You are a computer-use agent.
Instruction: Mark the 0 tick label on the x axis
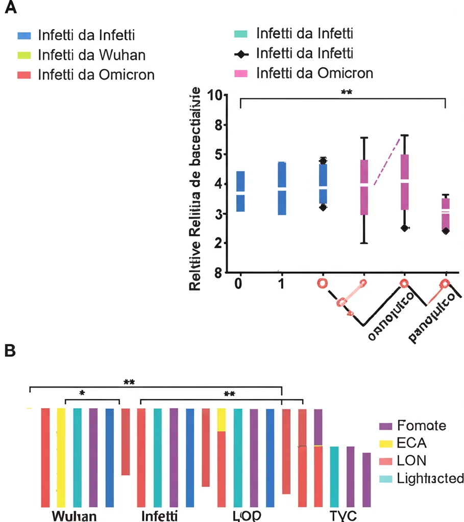pyautogui.click(x=238, y=283)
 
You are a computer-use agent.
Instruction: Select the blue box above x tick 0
pyautogui.click(x=240, y=191)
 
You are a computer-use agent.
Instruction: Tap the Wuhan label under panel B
pyautogui.click(x=75, y=515)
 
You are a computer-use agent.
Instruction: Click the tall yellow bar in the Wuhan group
pyautogui.click(x=61, y=457)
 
